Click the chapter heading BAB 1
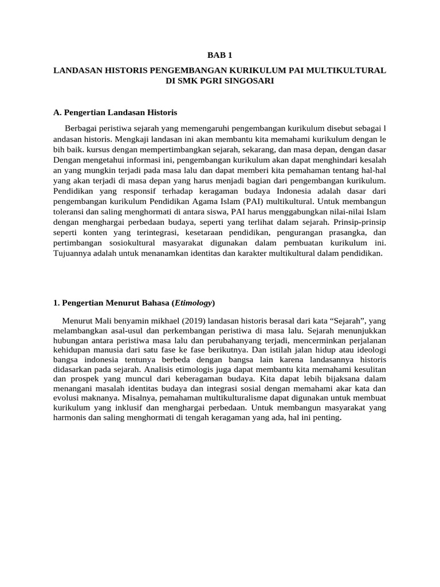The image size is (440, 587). pyautogui.click(x=219, y=56)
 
